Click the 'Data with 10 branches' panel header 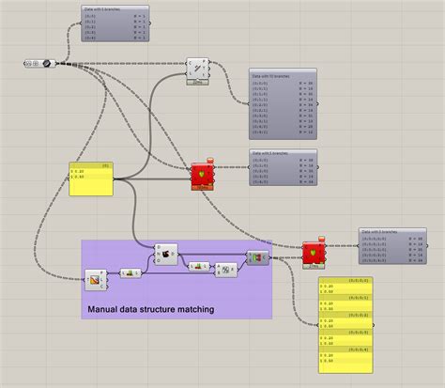[283, 73]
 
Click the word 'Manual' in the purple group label [105, 307]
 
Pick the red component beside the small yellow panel [202, 175]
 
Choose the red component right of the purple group [310, 254]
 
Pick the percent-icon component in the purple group [224, 270]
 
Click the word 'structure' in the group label [147, 307]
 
